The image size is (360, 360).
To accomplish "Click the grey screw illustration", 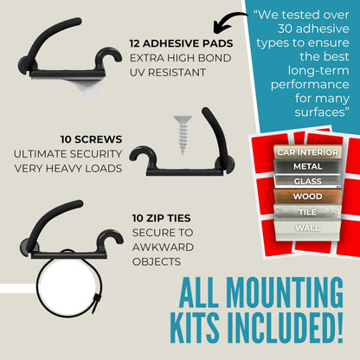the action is point(183,134).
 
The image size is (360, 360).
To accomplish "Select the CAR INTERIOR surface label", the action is point(307,152).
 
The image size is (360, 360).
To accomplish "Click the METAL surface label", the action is point(307,166).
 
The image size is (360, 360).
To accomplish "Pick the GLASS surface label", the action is point(307,181).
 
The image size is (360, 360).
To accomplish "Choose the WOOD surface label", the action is point(307,196).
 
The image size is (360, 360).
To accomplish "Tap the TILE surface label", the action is point(307,212).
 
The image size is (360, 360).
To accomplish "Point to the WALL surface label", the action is point(307,228).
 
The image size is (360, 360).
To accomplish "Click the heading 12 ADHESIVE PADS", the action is point(181,43).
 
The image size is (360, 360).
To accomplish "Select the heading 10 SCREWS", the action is point(92,139).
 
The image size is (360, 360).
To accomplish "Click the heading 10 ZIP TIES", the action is point(162,218).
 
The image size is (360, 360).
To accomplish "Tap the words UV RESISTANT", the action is point(168,73).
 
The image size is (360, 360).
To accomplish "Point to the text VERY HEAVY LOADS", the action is point(68,169).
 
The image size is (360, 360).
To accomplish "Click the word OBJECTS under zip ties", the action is point(157,262).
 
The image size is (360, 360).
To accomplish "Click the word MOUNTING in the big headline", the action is point(282,292).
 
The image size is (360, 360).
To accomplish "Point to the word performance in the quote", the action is point(310,85).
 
